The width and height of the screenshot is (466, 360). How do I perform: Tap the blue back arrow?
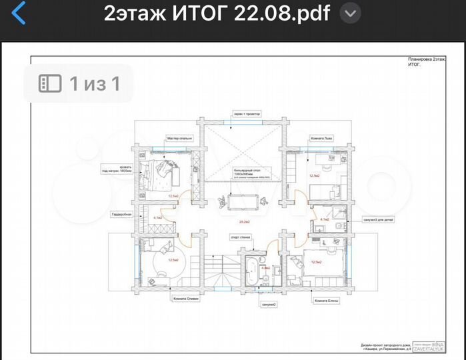[19, 13]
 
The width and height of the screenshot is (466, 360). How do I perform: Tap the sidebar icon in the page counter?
[51, 83]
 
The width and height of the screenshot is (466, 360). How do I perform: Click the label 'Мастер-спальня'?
[179, 139]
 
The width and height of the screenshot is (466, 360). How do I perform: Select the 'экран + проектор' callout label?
[247, 114]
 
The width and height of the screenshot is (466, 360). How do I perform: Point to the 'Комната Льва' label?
[321, 139]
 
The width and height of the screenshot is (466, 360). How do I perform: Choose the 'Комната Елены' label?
[327, 301]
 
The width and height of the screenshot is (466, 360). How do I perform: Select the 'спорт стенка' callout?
[240, 237]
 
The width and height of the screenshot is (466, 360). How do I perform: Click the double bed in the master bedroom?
[161, 175]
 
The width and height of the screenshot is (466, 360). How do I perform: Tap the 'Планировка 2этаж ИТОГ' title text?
[426, 62]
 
